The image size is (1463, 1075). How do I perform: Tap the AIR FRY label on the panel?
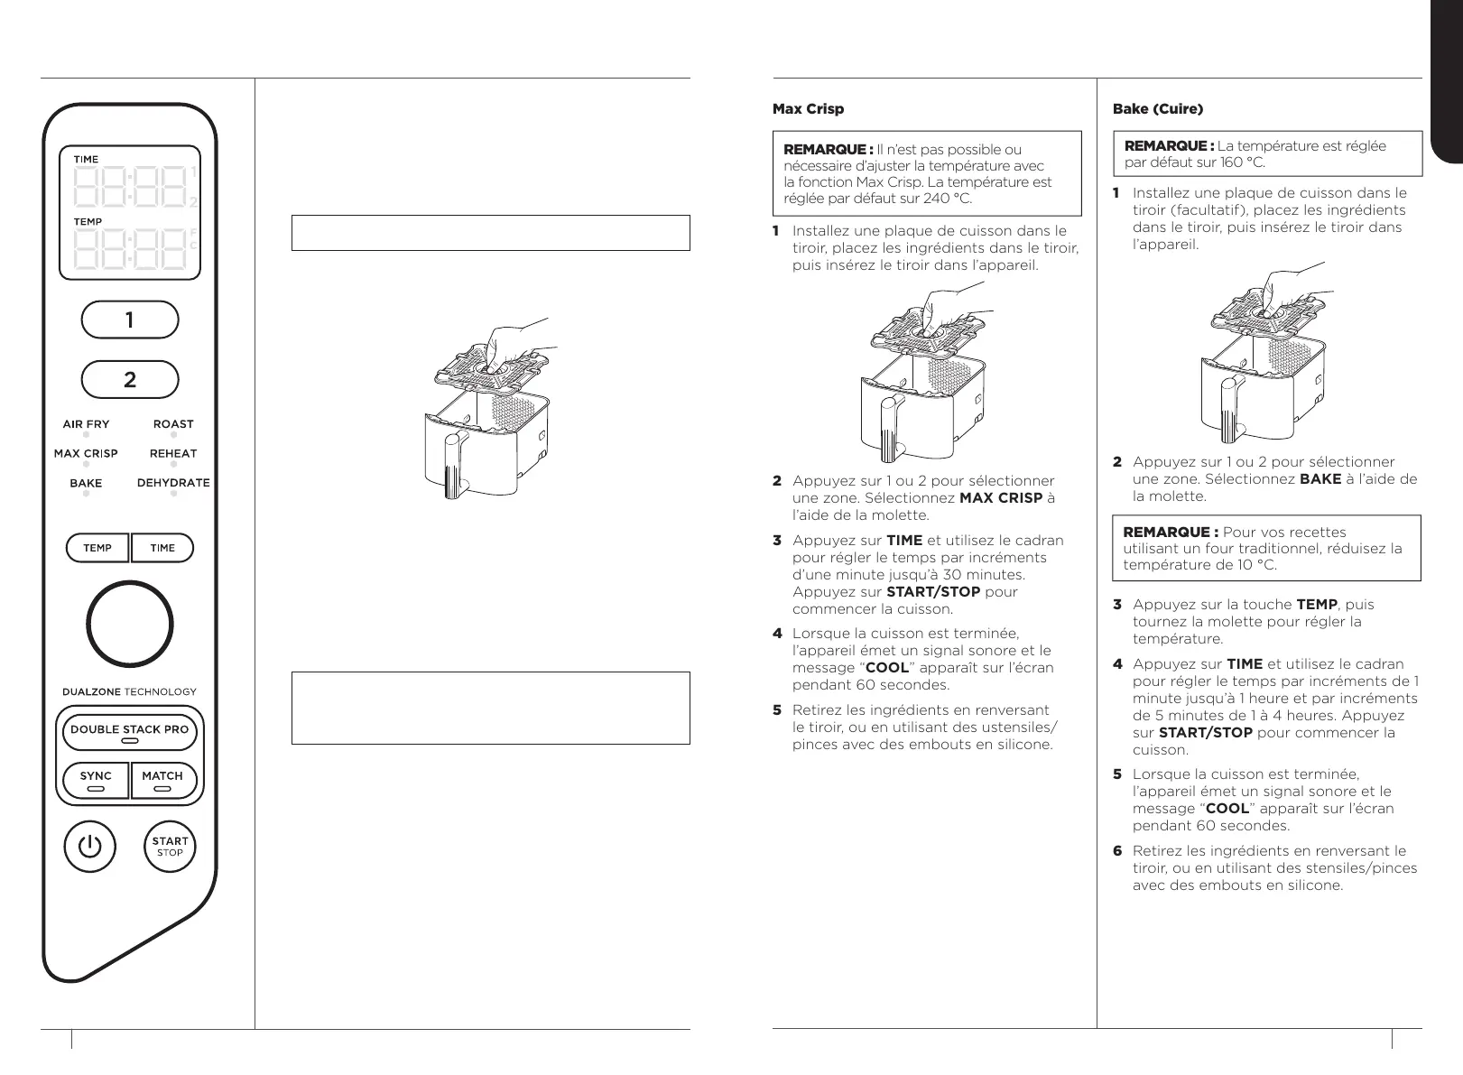(86, 424)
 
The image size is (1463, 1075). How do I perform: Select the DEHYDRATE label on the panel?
(173, 483)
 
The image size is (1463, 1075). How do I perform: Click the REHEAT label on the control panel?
(173, 454)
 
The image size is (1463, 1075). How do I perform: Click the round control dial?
(129, 625)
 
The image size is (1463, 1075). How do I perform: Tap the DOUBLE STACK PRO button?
(130, 732)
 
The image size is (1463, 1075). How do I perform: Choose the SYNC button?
(96, 780)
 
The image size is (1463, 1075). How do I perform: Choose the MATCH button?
(162, 780)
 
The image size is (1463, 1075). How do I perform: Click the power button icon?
(89, 847)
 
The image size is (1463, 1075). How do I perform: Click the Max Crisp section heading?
(808, 109)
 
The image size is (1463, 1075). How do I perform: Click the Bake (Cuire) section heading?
(1158, 109)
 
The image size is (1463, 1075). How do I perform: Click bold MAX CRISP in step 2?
(1001, 498)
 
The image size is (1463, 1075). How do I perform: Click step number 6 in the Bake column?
(1117, 851)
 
